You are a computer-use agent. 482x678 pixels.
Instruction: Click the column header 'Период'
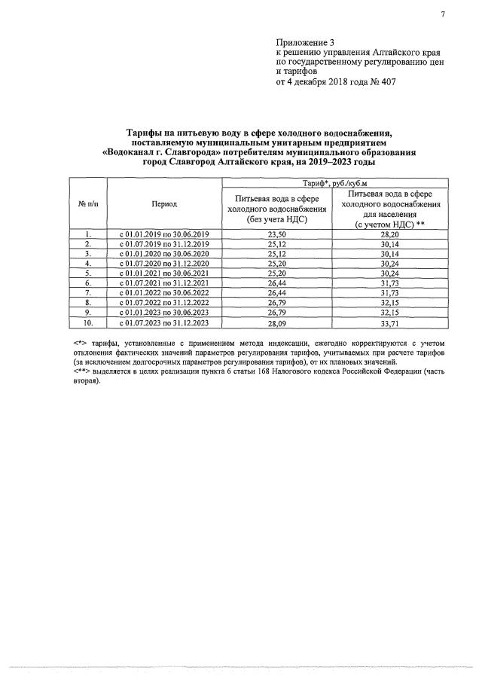pos(164,203)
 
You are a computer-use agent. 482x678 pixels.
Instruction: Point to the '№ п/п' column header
pos(88,203)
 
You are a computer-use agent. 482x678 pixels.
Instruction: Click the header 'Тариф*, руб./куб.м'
pos(333,182)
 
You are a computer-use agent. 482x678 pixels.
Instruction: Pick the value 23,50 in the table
pos(279,235)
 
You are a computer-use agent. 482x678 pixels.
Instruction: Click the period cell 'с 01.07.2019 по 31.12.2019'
pos(164,245)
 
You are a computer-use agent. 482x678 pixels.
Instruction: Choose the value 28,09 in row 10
pos(279,323)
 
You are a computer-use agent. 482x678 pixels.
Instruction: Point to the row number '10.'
pos(88,323)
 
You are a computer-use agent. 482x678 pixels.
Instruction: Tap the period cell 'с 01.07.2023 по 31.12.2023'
pos(164,323)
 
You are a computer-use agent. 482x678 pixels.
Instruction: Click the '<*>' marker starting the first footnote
pos(81,343)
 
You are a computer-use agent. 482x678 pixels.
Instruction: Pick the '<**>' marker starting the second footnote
pos(82,371)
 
